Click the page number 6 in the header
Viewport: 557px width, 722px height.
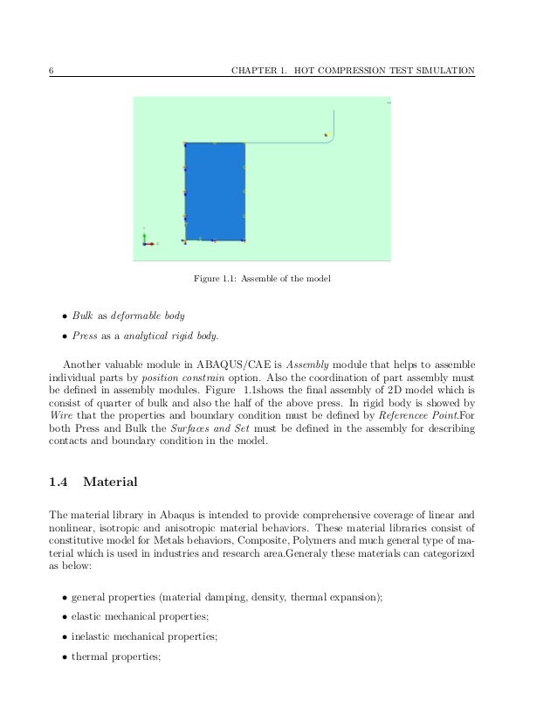click(x=50, y=70)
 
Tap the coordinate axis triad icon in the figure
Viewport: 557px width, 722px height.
click(x=147, y=240)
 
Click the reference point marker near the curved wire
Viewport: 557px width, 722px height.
click(x=326, y=135)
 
